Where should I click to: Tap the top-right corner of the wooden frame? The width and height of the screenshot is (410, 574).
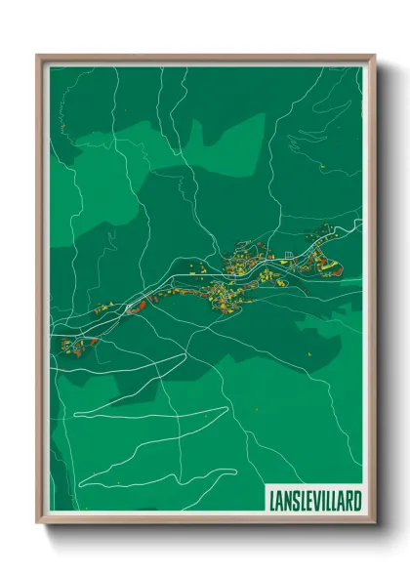[x=373, y=55]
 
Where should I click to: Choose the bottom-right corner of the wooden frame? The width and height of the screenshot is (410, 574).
[x=373, y=525]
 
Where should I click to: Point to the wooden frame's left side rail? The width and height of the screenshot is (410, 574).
[x=41, y=293]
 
